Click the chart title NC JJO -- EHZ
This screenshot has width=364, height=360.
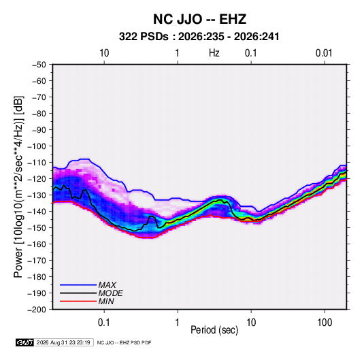(199, 19)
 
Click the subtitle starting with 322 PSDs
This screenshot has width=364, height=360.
(199, 37)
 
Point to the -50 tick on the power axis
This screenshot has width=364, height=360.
(39, 65)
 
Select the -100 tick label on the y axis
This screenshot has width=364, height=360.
(37, 146)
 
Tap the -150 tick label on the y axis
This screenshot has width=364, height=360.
(37, 228)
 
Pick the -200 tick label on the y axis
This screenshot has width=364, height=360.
(37, 310)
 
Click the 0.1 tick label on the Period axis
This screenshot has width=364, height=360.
(104, 323)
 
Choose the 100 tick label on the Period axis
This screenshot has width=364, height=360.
(325, 323)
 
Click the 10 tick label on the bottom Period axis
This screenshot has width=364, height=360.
(251, 323)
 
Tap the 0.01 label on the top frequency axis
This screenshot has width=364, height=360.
(324, 53)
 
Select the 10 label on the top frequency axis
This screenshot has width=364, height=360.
(104, 53)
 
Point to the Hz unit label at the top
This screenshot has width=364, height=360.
(214, 53)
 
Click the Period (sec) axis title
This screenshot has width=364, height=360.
(214, 330)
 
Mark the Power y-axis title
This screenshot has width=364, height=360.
(18, 187)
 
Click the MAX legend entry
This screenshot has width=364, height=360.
(107, 285)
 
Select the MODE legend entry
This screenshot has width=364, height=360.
(110, 293)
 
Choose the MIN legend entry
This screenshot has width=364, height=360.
(106, 301)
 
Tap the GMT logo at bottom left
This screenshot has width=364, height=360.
(25, 342)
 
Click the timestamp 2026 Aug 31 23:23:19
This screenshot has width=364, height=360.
(63, 342)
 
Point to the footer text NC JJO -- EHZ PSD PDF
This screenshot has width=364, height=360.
(124, 343)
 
